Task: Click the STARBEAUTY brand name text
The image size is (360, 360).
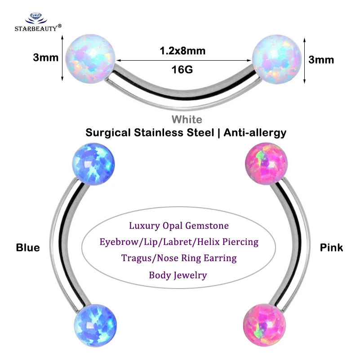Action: click(36, 28)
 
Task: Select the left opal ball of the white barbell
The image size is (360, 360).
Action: click(90, 58)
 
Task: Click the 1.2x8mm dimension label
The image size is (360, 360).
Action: click(182, 51)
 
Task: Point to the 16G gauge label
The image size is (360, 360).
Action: click(182, 69)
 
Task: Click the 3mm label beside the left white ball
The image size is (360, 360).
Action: click(46, 58)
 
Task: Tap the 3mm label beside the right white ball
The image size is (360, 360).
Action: click(321, 60)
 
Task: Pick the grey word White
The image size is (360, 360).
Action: click(187, 120)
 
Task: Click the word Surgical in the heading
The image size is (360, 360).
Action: click(108, 133)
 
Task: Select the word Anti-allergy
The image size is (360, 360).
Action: click(255, 133)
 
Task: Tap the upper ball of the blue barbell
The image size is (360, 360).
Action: click(93, 164)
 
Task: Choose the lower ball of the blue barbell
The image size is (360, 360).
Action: click(95, 325)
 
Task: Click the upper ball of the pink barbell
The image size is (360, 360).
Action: click(267, 164)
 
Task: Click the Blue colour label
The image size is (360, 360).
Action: click(28, 248)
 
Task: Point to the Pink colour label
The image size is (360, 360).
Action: click(331, 248)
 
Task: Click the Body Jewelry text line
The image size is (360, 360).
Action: click(178, 275)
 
